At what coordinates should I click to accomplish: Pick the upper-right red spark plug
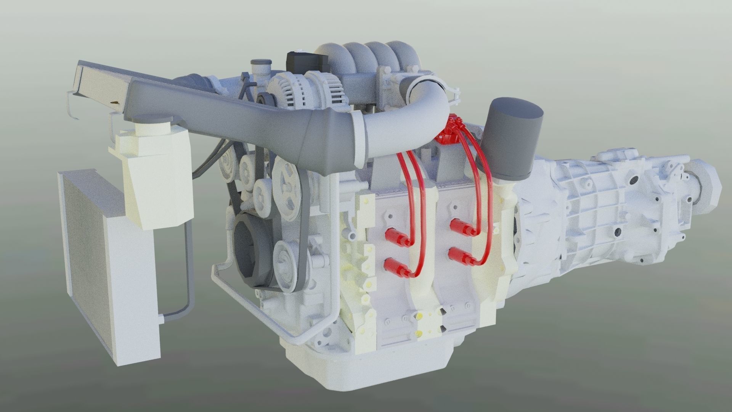461,226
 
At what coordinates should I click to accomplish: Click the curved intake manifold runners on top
358,57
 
